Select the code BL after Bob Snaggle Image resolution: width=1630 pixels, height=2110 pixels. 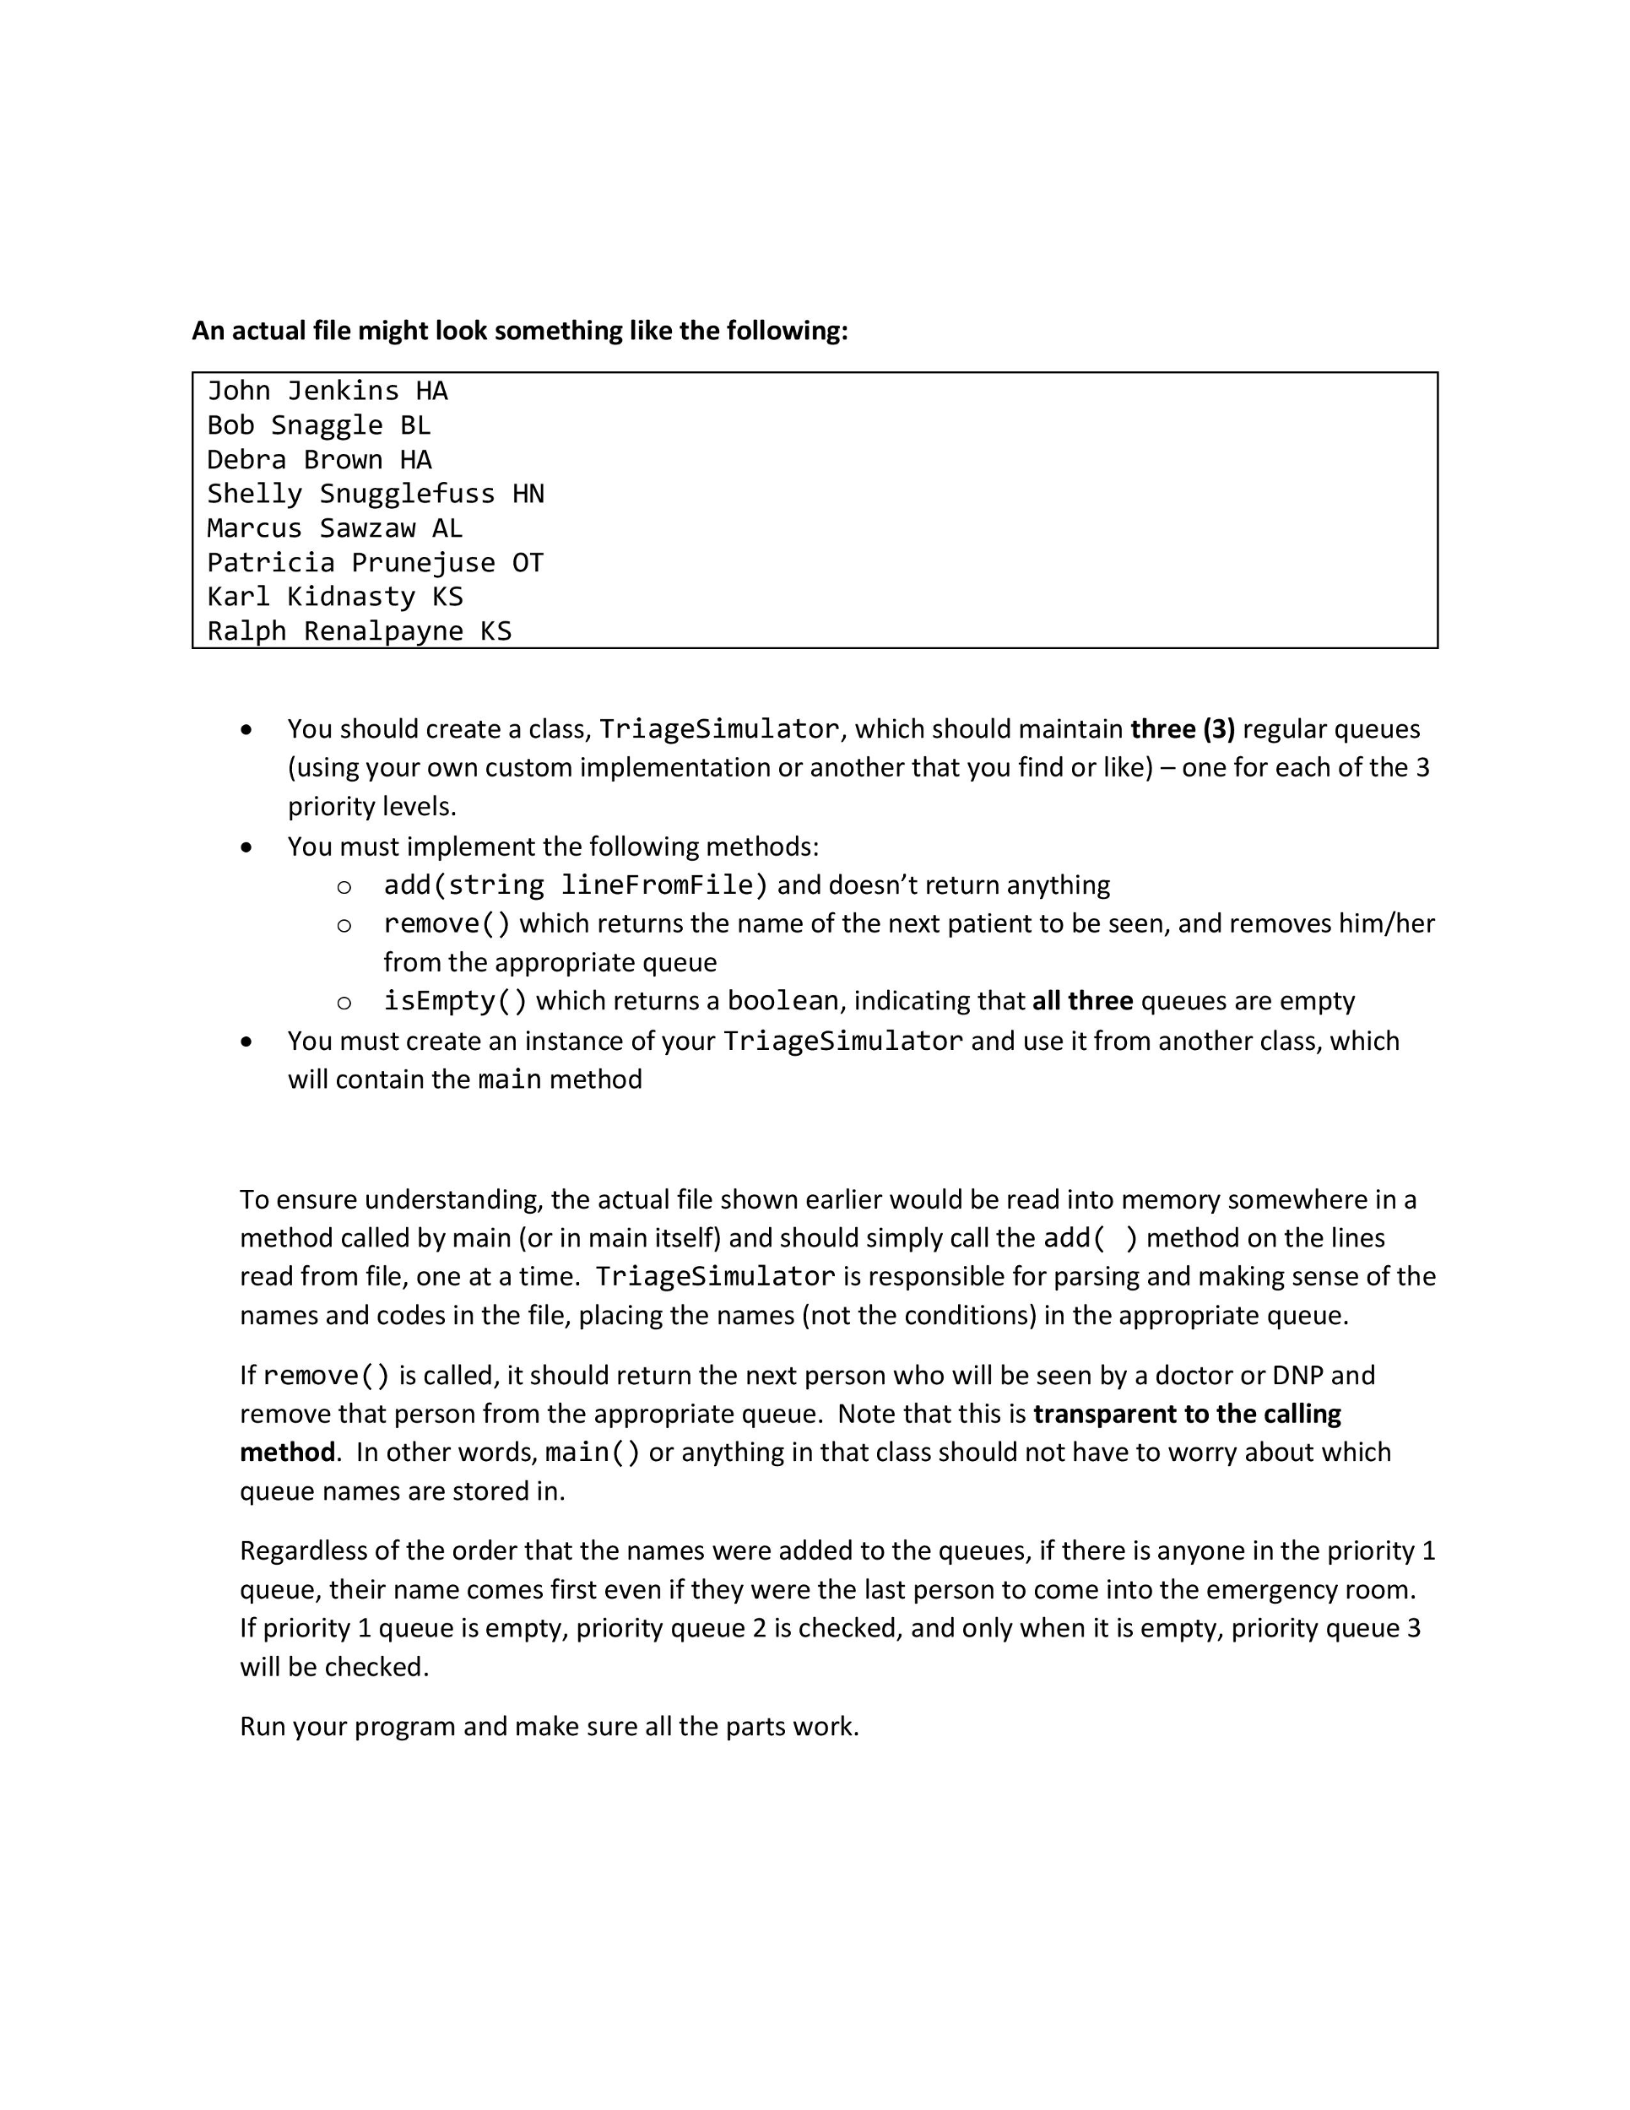[x=415, y=426]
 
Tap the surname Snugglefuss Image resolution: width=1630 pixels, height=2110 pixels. [x=407, y=495]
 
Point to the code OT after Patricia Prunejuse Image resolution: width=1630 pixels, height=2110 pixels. [x=528, y=563]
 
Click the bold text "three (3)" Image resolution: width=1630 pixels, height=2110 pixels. [x=1183, y=729]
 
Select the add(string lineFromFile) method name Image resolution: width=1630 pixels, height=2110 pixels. [x=576, y=885]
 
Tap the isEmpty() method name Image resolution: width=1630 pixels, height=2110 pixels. [x=455, y=1001]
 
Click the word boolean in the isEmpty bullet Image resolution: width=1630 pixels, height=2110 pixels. [x=783, y=1001]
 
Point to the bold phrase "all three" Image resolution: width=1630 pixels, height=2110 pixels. [x=1082, y=1001]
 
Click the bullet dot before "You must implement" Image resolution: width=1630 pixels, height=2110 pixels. [x=247, y=848]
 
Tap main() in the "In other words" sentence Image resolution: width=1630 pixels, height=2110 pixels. [x=593, y=1453]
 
